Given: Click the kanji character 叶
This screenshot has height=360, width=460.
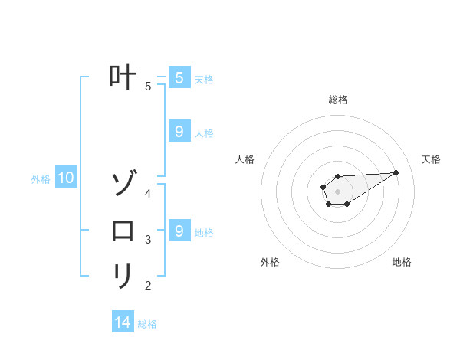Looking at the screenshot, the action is (x=123, y=78).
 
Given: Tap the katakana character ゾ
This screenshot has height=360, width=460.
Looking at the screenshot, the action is (x=123, y=185).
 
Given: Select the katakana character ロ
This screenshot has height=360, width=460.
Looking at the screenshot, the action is (x=123, y=230).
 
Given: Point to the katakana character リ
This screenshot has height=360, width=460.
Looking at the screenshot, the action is (x=123, y=276).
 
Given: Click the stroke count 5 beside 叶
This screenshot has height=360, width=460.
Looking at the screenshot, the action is (x=148, y=87).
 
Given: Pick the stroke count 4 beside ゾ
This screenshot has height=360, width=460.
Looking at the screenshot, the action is (x=148, y=193).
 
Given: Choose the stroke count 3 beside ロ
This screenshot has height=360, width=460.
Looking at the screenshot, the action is (x=148, y=240).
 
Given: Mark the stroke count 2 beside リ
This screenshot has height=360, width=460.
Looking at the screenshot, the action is (x=148, y=286).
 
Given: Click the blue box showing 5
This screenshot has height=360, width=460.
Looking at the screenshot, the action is (x=179, y=77).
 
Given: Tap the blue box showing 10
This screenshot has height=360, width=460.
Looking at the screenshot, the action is (x=66, y=178).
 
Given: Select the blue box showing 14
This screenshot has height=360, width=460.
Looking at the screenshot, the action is (x=123, y=322).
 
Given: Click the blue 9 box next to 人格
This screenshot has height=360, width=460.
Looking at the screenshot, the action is (x=179, y=132).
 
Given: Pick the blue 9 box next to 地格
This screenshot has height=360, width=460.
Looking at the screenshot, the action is (x=179, y=230).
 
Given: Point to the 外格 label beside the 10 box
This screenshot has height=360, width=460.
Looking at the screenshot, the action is (x=41, y=179).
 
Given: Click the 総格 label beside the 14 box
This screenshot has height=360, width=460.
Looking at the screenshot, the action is (x=147, y=323).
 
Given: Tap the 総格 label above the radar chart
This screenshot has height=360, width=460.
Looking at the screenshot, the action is (x=337, y=100).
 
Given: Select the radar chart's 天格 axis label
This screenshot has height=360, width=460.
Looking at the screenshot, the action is (x=431, y=159).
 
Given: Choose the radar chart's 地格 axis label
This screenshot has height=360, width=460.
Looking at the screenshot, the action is (x=402, y=262).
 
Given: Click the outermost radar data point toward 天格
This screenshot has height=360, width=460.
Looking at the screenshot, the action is (x=396, y=172).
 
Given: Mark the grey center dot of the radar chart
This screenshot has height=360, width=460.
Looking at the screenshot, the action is (x=337, y=191).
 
